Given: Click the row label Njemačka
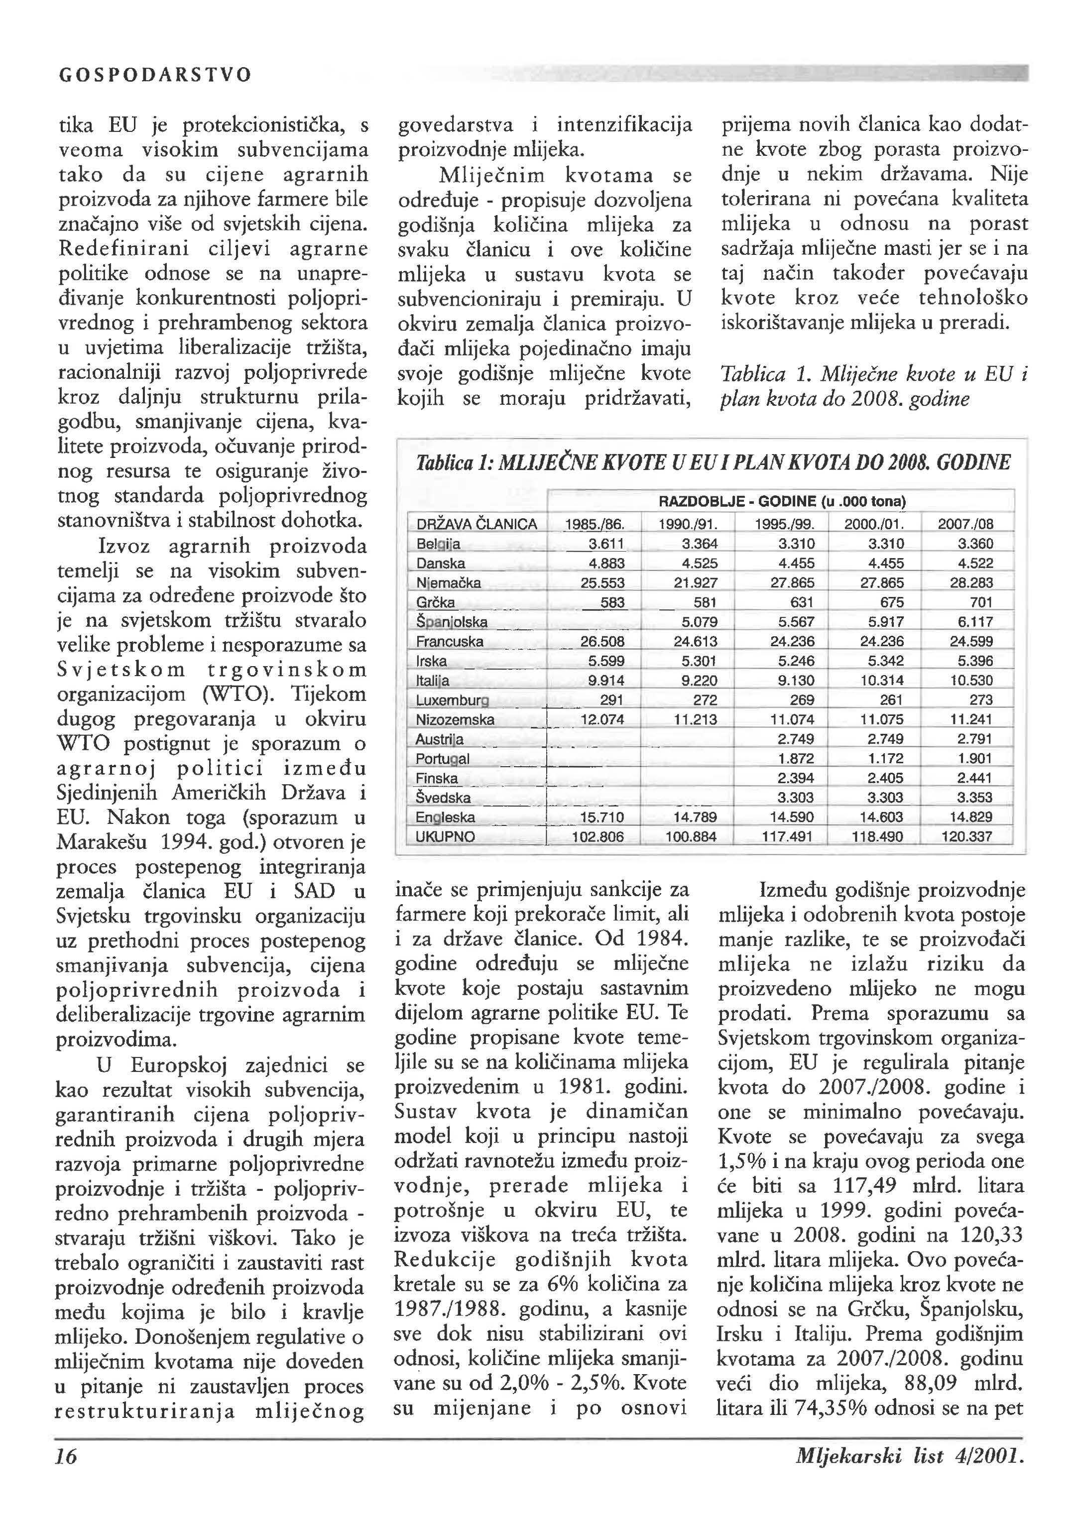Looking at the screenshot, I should (448, 583).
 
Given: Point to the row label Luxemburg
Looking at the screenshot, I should (453, 700).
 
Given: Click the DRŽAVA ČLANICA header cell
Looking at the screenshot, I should (477, 525).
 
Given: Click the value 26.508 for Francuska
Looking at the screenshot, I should (602, 642).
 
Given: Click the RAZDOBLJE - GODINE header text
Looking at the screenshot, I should (782, 501).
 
